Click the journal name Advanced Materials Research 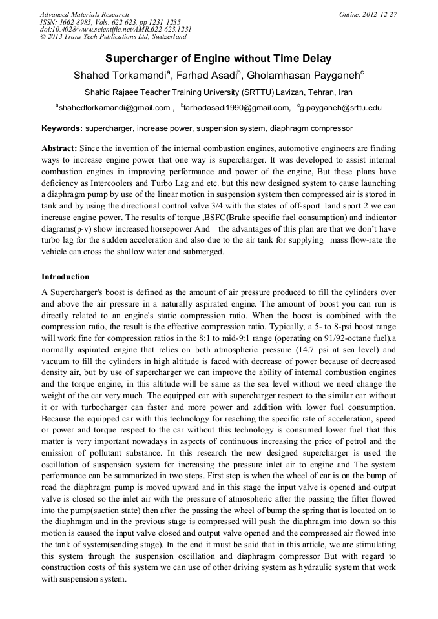(84, 14)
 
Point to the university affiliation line (218, 92)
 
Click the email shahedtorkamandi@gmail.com (114, 108)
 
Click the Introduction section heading (65, 277)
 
